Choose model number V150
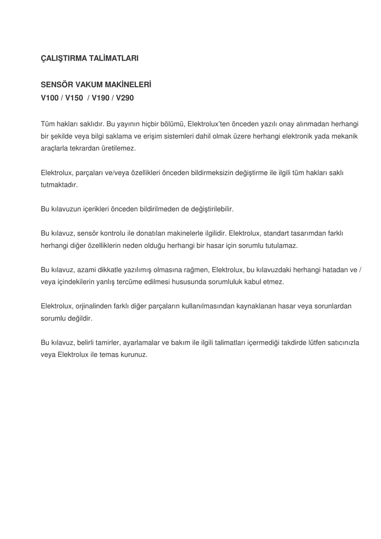point(74,98)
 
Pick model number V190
point(102,98)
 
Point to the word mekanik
point(345,136)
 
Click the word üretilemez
point(117,148)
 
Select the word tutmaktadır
point(59,185)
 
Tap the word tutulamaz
point(280,245)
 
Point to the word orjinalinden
point(97,306)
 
